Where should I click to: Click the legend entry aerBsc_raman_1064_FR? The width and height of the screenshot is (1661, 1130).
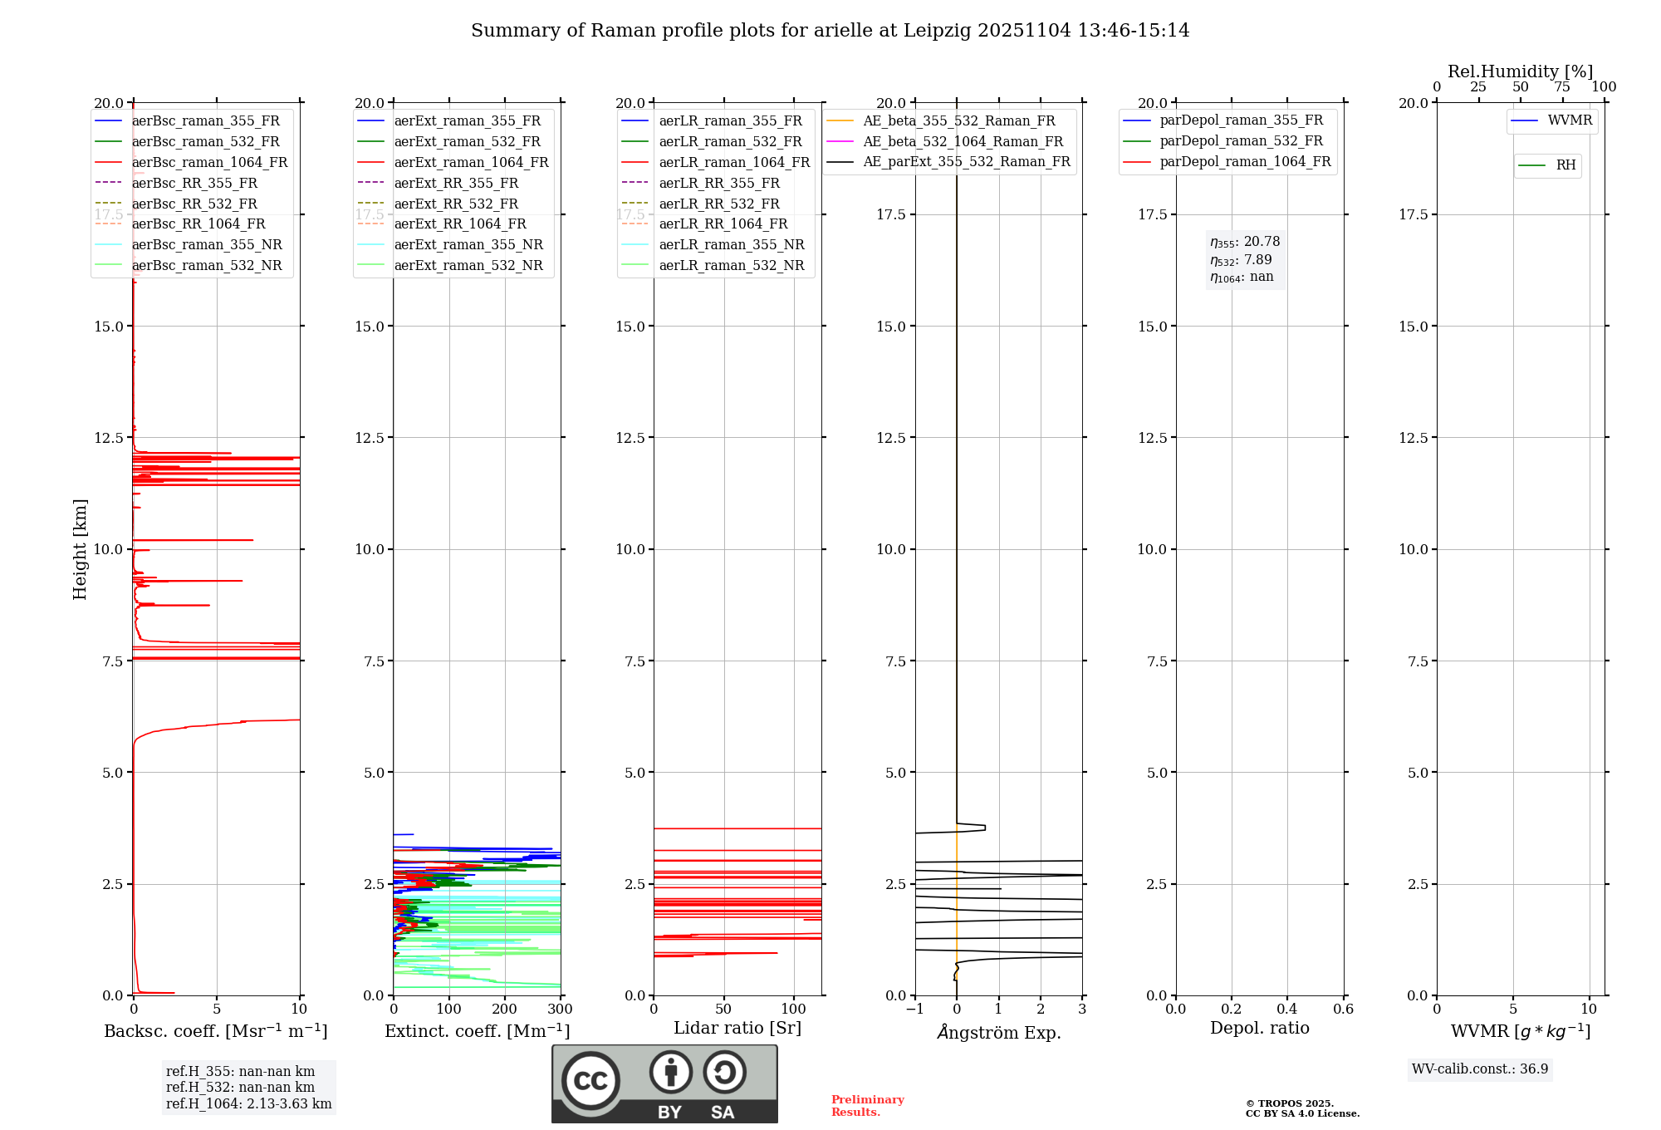[x=209, y=162]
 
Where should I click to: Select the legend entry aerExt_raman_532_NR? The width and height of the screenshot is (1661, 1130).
[x=468, y=265]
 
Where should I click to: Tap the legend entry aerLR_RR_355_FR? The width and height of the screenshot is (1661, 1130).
[x=719, y=183]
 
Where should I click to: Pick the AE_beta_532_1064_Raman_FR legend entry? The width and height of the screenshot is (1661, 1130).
[x=963, y=141]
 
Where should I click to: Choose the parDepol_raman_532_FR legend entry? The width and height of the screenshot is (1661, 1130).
[x=1241, y=141]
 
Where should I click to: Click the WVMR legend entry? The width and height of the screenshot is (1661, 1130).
[x=1570, y=120]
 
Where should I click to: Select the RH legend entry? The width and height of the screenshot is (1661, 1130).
[x=1565, y=165]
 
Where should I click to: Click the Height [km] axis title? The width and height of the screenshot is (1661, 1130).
[x=80, y=549]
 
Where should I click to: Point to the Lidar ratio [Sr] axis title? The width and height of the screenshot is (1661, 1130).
[x=737, y=1028]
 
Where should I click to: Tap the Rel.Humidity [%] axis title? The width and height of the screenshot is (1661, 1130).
[x=1520, y=71]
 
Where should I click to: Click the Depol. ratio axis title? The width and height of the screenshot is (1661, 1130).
[x=1259, y=1028]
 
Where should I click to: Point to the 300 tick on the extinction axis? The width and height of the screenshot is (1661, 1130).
[x=561, y=1010]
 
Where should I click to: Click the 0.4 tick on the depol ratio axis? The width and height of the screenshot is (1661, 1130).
[x=1287, y=1010]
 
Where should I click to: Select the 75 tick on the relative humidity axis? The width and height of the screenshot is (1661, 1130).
[x=1562, y=87]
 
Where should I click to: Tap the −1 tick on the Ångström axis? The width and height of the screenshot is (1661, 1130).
[x=914, y=1010]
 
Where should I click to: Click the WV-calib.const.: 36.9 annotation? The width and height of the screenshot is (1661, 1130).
[x=1480, y=1069]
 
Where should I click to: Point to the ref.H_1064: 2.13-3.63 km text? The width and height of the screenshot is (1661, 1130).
[x=248, y=1104]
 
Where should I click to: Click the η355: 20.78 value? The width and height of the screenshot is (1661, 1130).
[x=1245, y=242]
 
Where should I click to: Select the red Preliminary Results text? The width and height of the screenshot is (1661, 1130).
[x=867, y=1106]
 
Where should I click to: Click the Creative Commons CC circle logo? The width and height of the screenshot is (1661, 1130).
[x=590, y=1081]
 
